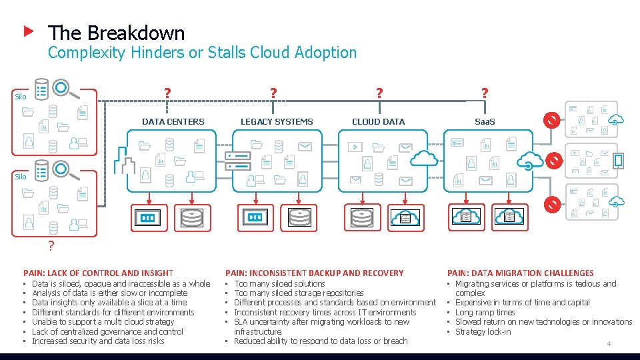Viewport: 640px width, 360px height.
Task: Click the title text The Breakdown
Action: coord(116,33)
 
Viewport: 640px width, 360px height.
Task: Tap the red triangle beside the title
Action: coord(28,31)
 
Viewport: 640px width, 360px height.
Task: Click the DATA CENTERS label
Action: coord(173,121)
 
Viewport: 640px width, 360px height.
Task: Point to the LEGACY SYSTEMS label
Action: coord(276,121)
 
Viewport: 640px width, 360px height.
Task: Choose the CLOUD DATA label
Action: coord(378,121)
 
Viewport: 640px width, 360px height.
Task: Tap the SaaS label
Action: coord(485,121)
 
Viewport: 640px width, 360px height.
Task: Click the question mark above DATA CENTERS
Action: coord(168,94)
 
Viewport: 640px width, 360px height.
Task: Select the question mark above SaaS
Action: coord(485,94)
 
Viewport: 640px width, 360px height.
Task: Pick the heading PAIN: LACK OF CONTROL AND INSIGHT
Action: coord(98,273)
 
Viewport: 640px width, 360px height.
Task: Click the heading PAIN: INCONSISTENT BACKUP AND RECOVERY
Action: coord(315,273)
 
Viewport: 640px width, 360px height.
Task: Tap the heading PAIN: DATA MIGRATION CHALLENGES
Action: coord(520,273)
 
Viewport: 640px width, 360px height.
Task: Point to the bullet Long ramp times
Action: coord(485,312)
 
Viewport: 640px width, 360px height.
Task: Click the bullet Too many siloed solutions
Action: coord(279,283)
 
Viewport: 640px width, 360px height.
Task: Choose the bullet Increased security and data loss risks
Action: coord(98,341)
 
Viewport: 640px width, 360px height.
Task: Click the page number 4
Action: coord(608,343)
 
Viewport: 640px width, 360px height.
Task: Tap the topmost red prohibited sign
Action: coord(551,120)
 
